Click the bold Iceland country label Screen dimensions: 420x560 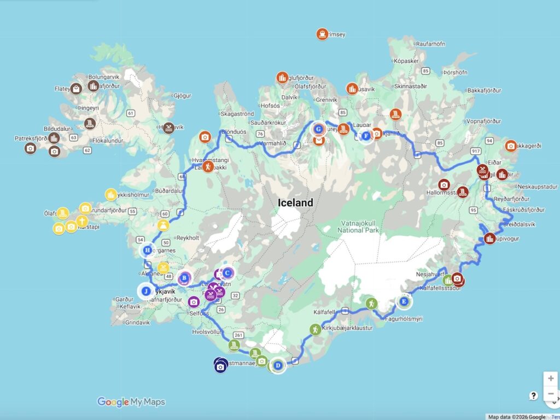pyautogui.click(x=295, y=203)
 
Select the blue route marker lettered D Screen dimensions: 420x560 pyautogui.click(x=278, y=365)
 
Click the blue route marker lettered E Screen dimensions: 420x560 pyautogui.click(x=404, y=301)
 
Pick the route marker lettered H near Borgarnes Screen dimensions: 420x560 pyautogui.click(x=147, y=251)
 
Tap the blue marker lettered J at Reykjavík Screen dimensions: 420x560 pyautogui.click(x=146, y=291)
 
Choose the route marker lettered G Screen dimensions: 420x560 pyautogui.click(x=318, y=130)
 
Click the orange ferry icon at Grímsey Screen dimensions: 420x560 pyautogui.click(x=322, y=34)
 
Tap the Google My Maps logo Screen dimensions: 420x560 pyautogui.click(x=131, y=402)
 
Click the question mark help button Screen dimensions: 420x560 pyautogui.click(x=534, y=396)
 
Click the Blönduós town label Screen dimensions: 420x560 pyautogui.click(x=234, y=132)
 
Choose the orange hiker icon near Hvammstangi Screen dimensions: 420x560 pyautogui.click(x=208, y=166)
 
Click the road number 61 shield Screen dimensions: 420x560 pyautogui.click(x=130, y=113)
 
